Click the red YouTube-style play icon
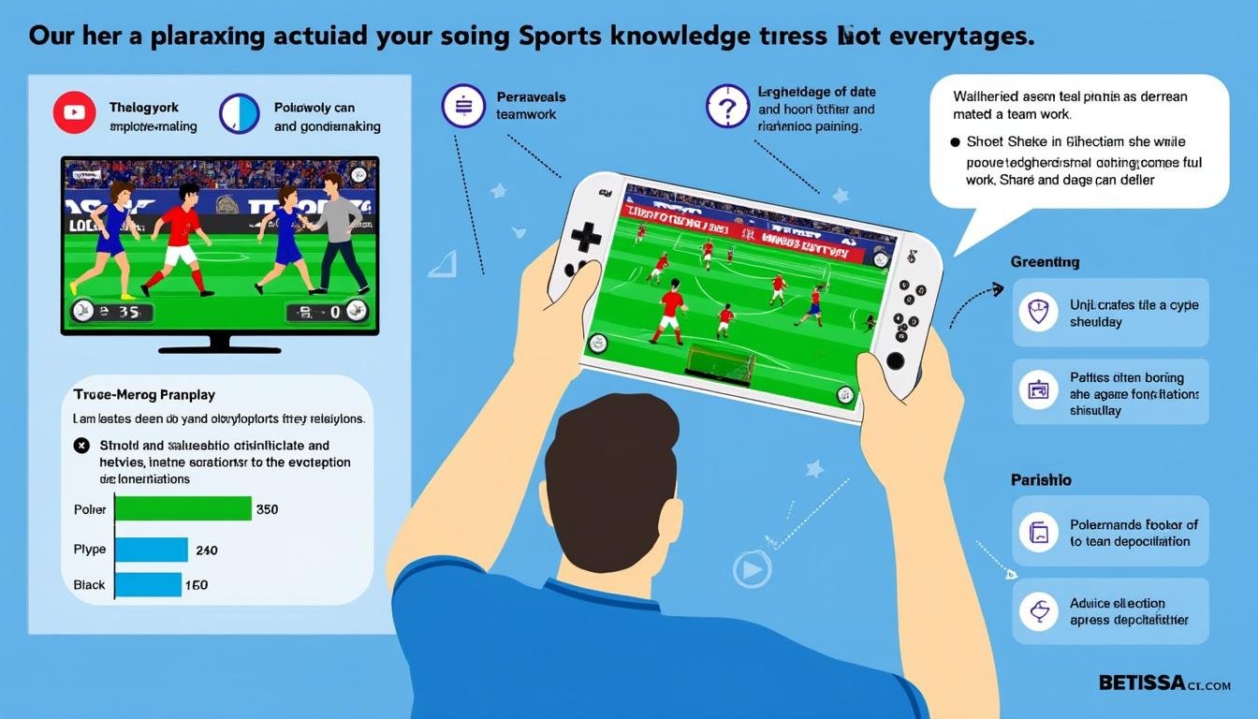[75, 113]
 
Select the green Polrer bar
[183, 508]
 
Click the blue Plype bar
[151, 550]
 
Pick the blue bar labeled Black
[147, 584]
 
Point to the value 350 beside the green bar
[267, 510]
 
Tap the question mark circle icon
[726, 107]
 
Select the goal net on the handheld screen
[720, 363]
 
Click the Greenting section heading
[1045, 262]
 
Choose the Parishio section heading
[1041, 479]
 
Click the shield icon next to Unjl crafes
[1037, 313]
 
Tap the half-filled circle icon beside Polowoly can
[239, 114]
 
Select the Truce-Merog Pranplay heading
[144, 395]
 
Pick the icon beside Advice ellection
[1037, 611]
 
